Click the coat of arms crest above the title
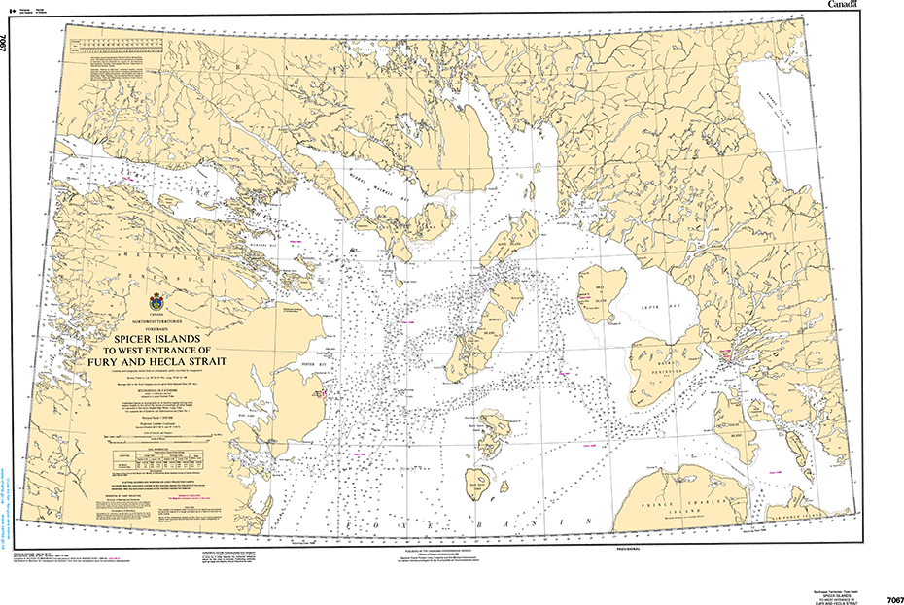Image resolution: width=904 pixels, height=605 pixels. [157, 303]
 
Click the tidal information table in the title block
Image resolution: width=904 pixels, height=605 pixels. [150, 456]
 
